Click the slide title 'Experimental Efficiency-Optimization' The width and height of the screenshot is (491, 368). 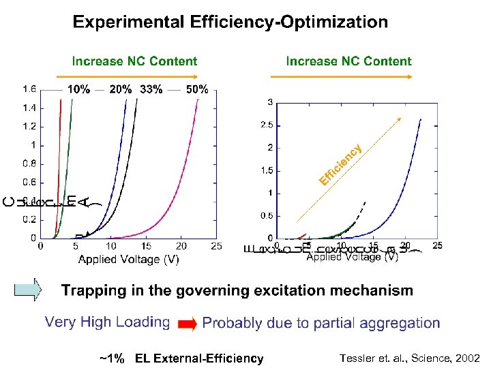click(x=230, y=22)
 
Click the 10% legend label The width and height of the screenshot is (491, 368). click(x=78, y=89)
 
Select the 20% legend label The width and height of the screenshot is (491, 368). click(x=121, y=89)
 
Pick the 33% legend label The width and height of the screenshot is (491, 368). click(x=151, y=89)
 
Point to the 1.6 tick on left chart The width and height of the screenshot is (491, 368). click(x=29, y=89)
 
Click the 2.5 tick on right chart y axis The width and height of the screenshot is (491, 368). click(x=266, y=125)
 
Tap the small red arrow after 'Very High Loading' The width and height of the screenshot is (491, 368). click(x=187, y=324)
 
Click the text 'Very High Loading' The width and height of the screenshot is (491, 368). click(x=107, y=322)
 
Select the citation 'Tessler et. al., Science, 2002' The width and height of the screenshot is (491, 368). click(x=409, y=358)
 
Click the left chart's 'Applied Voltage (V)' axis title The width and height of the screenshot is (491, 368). click(x=129, y=259)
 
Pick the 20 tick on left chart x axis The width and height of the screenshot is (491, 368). click(x=181, y=246)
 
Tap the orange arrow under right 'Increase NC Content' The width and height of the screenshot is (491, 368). click(x=348, y=76)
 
